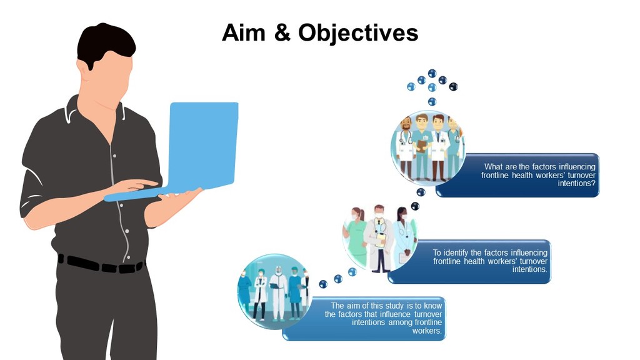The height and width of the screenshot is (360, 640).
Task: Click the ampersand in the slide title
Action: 282,32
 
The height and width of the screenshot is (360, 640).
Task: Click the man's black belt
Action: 101,264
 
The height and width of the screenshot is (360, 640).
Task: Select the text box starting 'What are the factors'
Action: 517,175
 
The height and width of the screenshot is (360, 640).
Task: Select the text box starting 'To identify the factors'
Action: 469,261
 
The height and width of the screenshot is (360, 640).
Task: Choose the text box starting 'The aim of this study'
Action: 364,318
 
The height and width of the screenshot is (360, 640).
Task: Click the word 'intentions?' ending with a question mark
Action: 576,183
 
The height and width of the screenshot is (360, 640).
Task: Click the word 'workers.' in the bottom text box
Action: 426,331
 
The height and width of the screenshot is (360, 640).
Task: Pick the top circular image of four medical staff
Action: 427,147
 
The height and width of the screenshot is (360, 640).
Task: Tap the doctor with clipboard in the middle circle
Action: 379,239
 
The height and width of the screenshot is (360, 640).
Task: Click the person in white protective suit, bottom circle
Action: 278,292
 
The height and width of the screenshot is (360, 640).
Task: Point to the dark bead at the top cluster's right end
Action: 454,86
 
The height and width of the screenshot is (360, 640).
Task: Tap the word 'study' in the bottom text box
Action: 394,306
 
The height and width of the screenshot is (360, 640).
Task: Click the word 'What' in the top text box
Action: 494,166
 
